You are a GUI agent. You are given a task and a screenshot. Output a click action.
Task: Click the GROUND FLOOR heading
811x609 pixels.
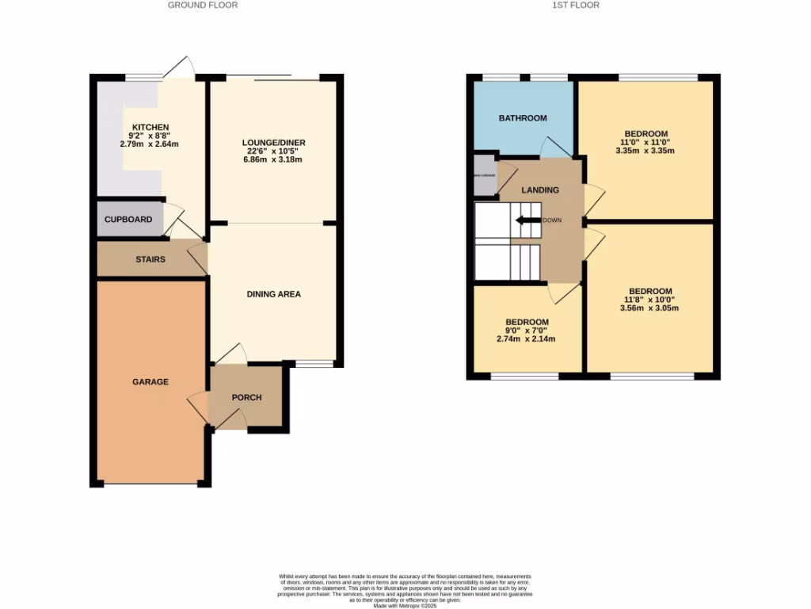coord(203,5)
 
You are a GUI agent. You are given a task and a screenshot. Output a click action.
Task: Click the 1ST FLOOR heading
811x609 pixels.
coord(575,5)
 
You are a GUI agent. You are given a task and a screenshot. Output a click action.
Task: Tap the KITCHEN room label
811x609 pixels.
coord(150,128)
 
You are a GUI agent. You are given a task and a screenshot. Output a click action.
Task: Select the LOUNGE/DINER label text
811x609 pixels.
coord(273,143)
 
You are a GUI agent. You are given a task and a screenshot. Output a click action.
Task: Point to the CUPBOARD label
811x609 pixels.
coord(128,220)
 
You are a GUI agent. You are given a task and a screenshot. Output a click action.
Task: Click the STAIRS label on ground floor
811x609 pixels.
coord(150,259)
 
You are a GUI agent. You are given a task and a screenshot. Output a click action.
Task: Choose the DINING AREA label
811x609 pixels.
coord(273,294)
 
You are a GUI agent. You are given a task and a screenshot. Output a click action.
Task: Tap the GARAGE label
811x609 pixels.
coord(150,381)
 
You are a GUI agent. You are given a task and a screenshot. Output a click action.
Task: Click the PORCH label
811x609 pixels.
coord(246,397)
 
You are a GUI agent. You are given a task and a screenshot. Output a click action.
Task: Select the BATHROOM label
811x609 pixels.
coord(523,118)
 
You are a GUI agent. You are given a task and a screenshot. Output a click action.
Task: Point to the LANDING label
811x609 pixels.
coord(540,190)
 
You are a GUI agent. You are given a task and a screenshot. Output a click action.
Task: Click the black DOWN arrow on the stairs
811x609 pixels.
coord(524,220)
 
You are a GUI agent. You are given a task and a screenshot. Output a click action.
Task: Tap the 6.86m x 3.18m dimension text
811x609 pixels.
coord(273,159)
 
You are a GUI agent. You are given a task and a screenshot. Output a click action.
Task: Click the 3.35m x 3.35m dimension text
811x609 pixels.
coord(645,151)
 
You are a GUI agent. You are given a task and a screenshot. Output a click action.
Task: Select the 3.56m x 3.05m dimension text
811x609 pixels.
coord(650,308)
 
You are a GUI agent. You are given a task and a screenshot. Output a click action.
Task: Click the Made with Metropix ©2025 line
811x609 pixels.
coord(405,606)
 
